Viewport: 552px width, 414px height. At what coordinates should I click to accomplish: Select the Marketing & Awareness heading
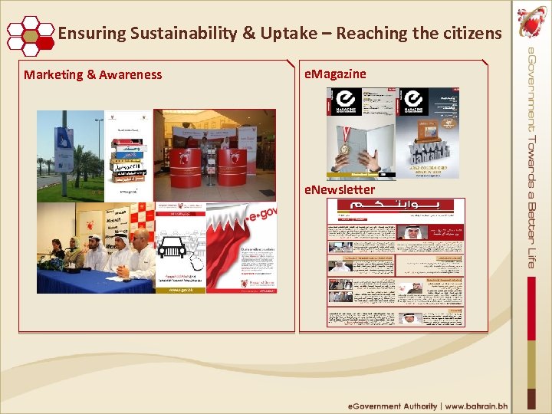coord(93,74)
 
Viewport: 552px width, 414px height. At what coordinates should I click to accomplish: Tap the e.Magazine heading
coord(335,74)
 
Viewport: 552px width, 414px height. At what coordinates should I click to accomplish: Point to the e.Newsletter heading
coord(340,189)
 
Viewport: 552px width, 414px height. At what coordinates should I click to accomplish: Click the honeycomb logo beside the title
coord(29,34)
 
